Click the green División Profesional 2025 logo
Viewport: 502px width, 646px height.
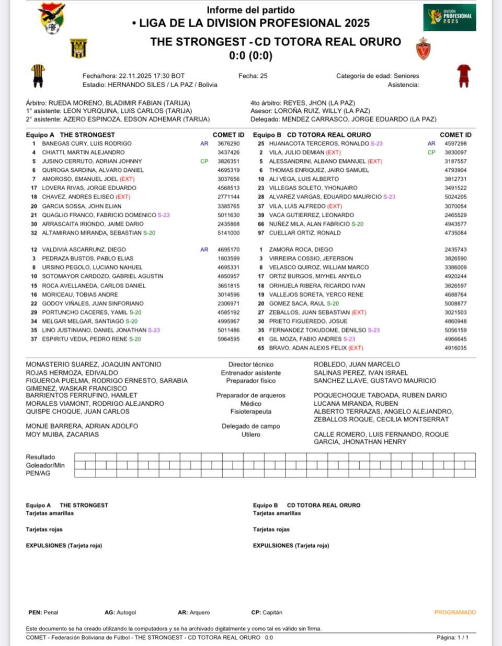click(x=450, y=17)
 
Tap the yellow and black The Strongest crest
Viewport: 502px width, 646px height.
click(x=78, y=48)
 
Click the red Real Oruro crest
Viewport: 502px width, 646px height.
click(x=423, y=48)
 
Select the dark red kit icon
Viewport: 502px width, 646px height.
click(x=463, y=75)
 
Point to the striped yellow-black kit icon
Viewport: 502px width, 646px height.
click(x=38, y=76)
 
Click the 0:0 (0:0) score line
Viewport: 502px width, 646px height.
click(x=251, y=55)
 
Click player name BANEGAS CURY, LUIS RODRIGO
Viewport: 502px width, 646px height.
click(x=87, y=144)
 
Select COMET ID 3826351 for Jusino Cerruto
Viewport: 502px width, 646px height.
click(x=229, y=161)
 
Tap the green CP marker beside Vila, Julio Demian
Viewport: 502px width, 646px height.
click(x=431, y=152)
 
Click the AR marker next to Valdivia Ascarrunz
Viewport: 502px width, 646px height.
click(x=204, y=250)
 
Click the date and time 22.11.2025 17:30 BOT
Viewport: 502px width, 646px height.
click(x=152, y=76)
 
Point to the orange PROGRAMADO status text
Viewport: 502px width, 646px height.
click(x=455, y=612)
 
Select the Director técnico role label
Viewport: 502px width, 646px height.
click(x=251, y=365)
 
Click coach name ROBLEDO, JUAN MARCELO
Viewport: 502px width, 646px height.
click(x=357, y=365)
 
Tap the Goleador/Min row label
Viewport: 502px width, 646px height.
click(x=45, y=465)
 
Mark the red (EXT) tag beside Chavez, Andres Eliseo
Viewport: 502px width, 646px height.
click(x=123, y=197)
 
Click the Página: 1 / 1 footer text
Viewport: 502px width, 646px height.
click(x=452, y=638)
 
